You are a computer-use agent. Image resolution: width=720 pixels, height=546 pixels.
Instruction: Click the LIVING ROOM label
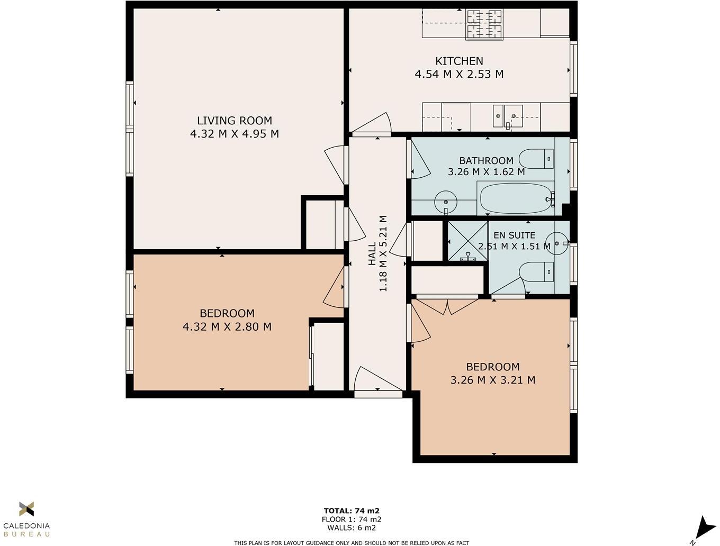235,121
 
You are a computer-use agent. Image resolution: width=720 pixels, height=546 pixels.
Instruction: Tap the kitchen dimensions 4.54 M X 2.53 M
459,74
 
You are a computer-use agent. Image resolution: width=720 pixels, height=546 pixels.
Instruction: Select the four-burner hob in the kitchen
485,24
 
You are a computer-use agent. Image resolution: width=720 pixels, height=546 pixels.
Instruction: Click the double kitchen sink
508,116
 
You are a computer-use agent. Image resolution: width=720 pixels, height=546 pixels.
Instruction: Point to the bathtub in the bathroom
516,198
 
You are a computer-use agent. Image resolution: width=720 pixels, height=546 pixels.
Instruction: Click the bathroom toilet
536,159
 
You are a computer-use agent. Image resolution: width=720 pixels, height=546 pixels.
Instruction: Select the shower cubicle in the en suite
468,241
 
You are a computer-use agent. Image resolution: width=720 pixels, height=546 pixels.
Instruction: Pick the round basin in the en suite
557,243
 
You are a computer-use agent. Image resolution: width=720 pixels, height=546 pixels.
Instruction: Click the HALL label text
372,253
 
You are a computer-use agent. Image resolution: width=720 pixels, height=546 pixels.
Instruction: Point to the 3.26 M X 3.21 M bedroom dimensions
493,380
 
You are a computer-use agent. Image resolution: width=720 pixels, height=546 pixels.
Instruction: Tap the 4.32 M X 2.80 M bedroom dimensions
227,327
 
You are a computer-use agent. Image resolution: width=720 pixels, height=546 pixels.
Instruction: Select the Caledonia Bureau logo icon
26,508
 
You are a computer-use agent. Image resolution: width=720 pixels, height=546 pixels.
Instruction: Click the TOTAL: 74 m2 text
352,511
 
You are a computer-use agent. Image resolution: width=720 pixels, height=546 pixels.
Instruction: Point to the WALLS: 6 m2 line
352,527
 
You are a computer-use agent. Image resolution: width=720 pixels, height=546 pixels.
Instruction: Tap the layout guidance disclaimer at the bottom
352,543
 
